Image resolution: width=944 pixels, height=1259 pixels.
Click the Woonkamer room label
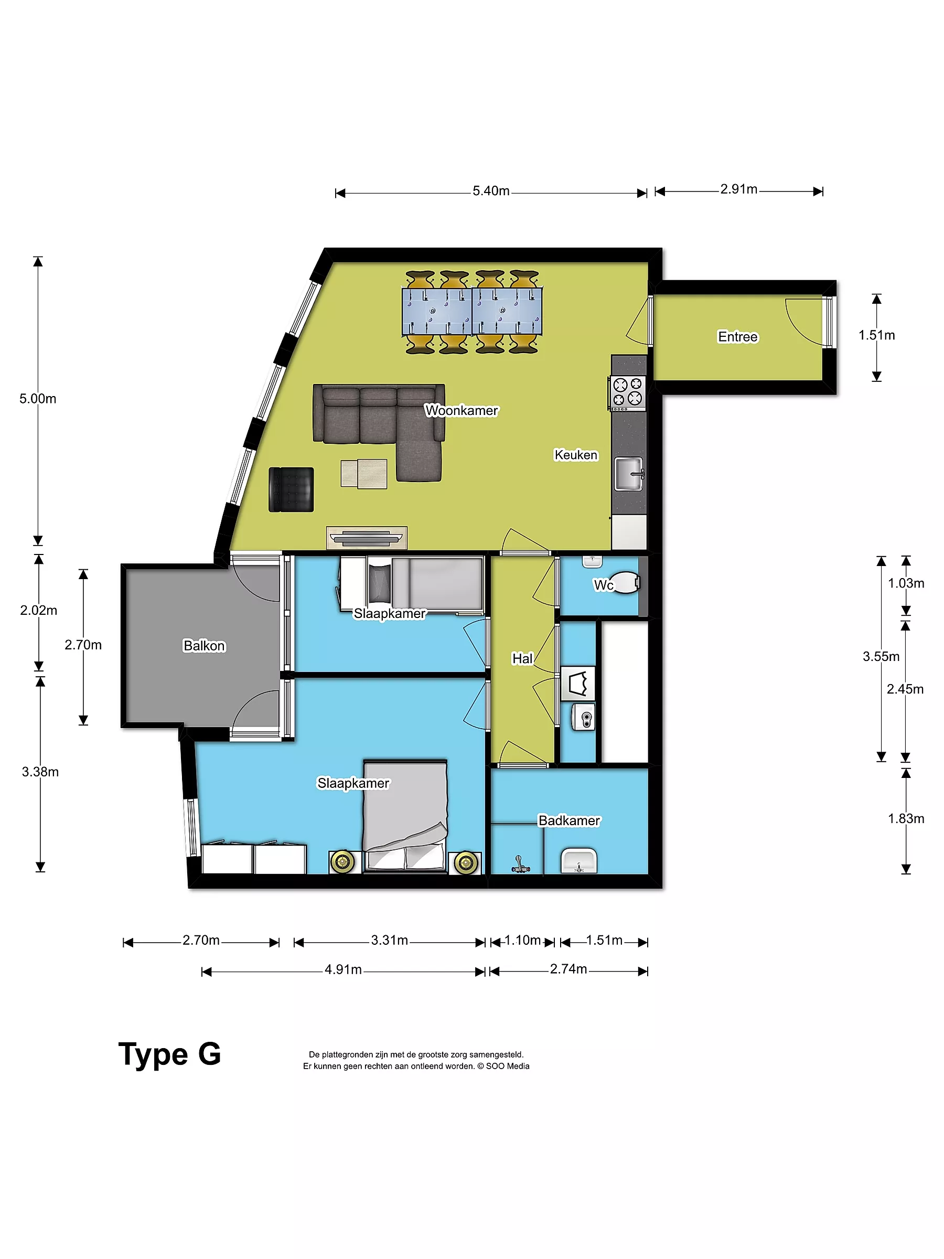(461, 410)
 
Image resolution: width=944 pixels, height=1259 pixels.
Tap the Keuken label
(576, 455)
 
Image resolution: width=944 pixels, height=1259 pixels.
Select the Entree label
(737, 337)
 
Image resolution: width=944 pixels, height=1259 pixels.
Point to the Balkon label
(205, 645)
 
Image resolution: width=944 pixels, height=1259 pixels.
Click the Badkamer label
(569, 820)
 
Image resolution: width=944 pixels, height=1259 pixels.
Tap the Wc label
(603, 585)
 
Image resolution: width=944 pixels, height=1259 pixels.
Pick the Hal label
(522, 658)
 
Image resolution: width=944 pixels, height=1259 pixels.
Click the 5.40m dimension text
(490, 190)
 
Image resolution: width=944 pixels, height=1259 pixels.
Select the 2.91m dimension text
(738, 189)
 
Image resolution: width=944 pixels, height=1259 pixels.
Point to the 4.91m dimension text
(343, 969)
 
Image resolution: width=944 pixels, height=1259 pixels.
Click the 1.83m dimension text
(906, 818)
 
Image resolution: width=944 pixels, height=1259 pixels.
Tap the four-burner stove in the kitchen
(627, 393)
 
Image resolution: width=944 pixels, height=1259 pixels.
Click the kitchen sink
(629, 474)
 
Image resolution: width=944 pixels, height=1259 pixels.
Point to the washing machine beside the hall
(578, 683)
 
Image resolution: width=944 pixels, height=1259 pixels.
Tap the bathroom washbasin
(578, 861)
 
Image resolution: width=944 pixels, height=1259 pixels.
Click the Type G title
(169, 1054)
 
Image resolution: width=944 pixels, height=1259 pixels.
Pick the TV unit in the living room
(367, 537)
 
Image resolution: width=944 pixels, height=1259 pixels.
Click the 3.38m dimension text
(40, 772)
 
